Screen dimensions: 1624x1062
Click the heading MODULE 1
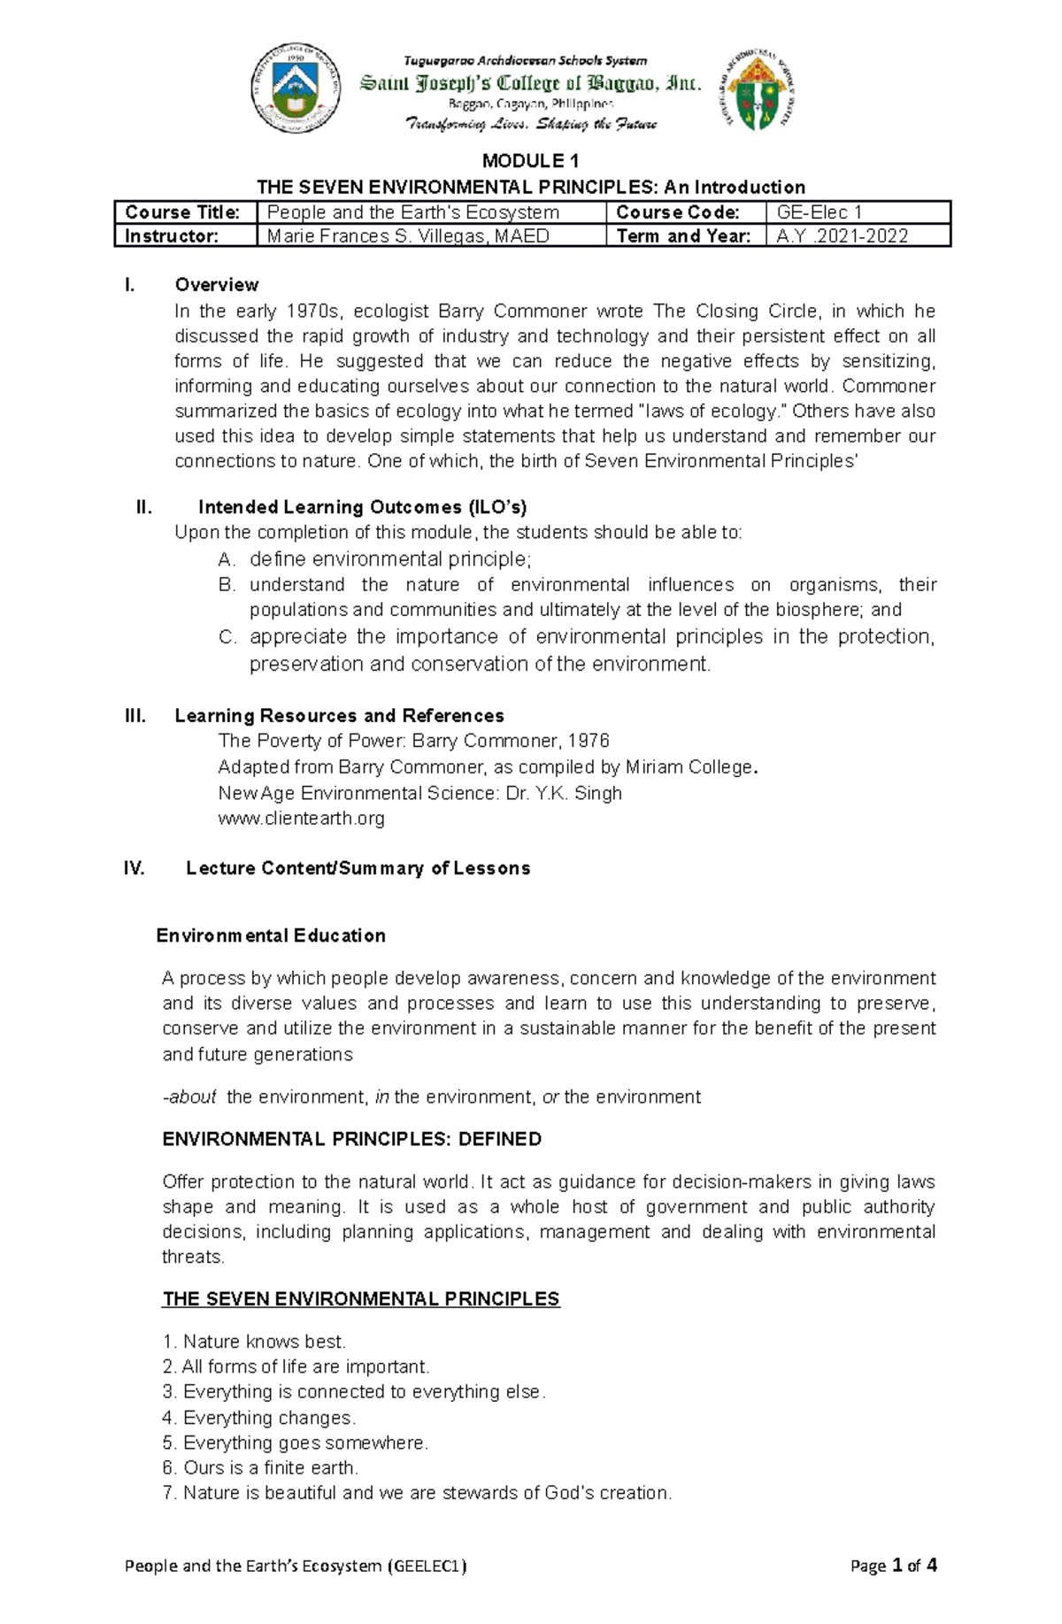pos(530,161)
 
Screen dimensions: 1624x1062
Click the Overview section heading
pos(217,285)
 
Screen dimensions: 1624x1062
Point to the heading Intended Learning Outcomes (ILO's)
pos(362,507)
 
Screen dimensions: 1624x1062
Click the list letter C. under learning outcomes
pos(227,637)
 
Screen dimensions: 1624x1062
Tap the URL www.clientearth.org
pos(301,819)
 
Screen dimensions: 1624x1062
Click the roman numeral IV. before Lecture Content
pos(134,868)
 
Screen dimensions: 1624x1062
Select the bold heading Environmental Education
pos(271,935)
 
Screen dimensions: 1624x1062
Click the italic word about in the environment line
pos(192,1097)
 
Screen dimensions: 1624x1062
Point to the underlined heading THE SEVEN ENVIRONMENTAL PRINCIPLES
pos(361,1299)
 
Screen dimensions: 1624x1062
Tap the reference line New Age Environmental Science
pos(419,793)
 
